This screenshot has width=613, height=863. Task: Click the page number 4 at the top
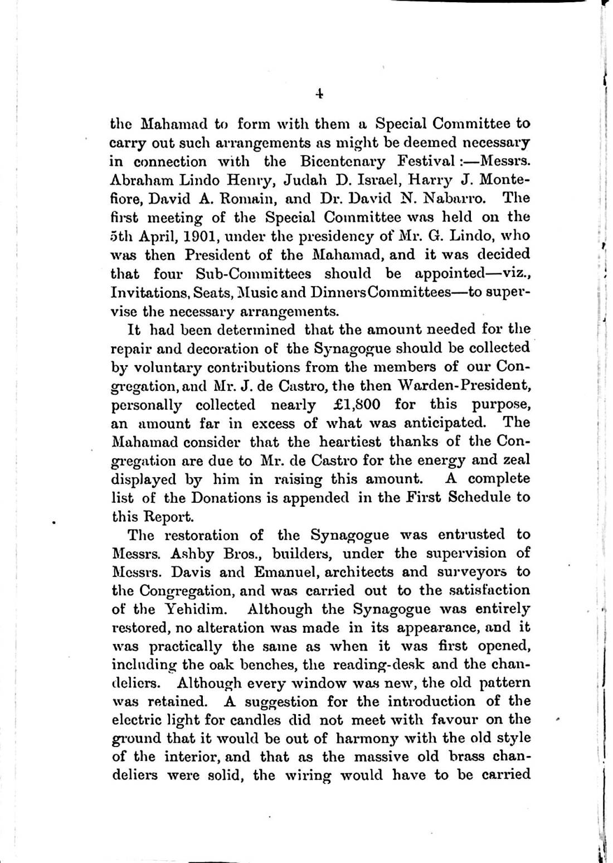coord(319,94)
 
